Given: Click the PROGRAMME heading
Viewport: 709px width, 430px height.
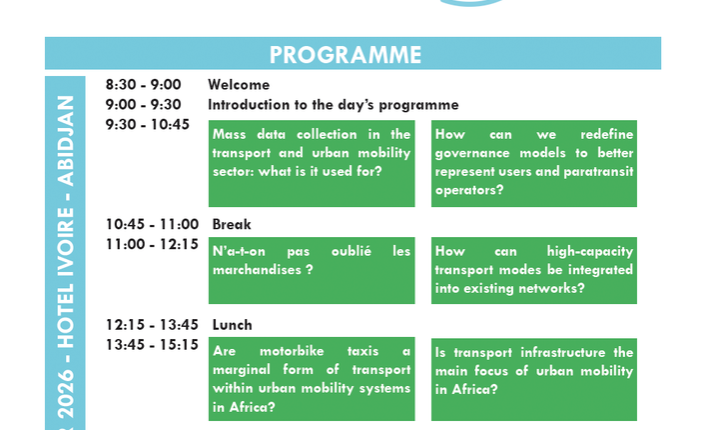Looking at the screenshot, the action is coord(346,55).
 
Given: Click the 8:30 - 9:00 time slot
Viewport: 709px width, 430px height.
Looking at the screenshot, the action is coord(144,85).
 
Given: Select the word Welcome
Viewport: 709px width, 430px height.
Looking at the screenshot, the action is coord(239,85).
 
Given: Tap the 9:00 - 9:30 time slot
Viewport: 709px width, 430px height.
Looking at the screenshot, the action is coord(144,105).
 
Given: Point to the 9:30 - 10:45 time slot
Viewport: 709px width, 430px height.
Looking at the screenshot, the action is coord(148,124).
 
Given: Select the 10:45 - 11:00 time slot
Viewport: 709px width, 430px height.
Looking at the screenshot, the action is coord(152,224).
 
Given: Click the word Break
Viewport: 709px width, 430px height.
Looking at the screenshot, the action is coord(232,224).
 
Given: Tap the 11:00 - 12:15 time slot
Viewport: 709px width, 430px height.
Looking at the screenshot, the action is coord(152,244).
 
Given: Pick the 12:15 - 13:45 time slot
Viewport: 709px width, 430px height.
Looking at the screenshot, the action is coord(152,325).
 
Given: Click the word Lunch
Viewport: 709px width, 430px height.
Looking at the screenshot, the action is coord(232,325).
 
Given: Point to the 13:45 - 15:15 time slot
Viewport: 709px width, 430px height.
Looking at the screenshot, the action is coord(152,344).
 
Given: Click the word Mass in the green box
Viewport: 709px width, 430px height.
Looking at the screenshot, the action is coord(230,134).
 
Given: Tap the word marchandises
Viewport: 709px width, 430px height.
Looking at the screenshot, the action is coord(257,270).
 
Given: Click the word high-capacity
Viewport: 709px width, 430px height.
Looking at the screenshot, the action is coord(590,251).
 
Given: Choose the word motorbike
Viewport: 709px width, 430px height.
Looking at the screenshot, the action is coord(292,351).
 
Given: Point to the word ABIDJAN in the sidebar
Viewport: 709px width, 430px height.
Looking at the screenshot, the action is coord(66,141).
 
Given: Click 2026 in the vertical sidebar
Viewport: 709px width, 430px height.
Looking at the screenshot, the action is coord(66,394).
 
